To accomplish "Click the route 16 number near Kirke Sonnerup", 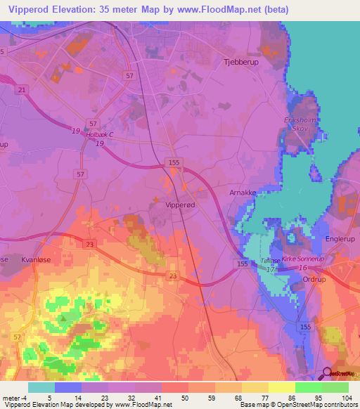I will pos(302,268).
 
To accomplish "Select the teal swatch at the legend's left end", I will pos(41,387).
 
